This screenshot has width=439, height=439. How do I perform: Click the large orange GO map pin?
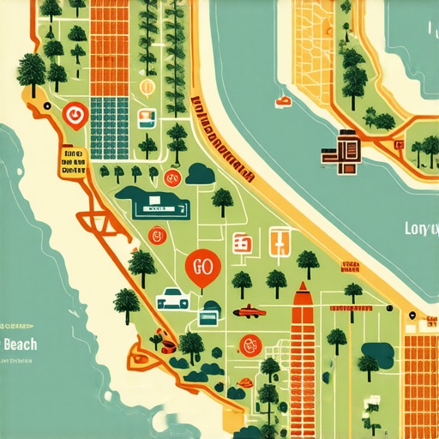202,268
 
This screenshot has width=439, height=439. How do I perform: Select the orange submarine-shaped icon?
248,310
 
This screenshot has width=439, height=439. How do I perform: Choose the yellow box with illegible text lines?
74,159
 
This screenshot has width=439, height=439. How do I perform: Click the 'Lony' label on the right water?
420,229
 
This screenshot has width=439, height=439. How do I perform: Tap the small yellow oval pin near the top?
147,86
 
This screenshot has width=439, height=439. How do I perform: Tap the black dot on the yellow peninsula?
412,316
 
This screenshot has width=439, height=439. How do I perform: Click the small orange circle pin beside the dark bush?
171,178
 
